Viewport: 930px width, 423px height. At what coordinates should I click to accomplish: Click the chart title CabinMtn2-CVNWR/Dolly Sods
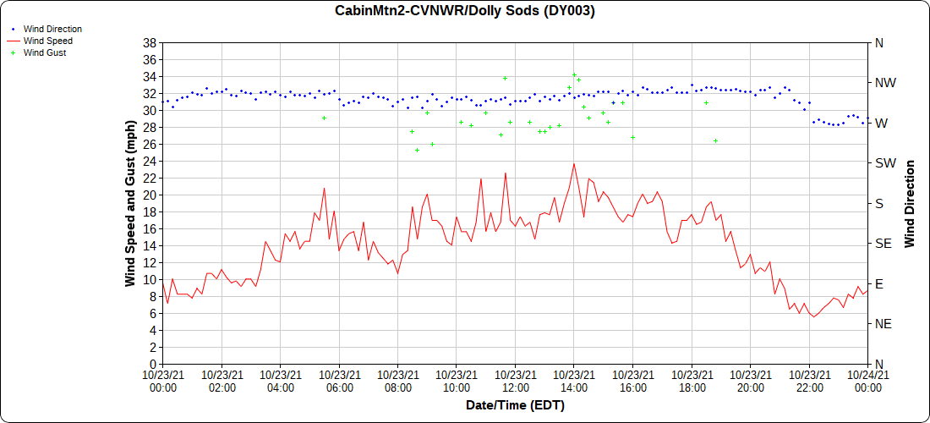pyautogui.click(x=464, y=10)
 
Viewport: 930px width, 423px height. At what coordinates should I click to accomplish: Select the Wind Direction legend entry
pyautogui.click(x=52, y=29)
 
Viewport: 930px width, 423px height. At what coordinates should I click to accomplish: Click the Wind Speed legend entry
pyautogui.click(x=48, y=41)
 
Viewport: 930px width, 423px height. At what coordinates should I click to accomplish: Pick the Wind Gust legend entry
pyautogui.click(x=45, y=52)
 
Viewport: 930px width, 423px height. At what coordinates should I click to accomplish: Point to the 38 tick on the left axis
pyautogui.click(x=149, y=42)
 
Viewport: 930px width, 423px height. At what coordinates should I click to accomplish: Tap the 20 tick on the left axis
pyautogui.click(x=149, y=195)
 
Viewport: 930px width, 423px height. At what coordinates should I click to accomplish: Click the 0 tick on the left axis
pyautogui.click(x=152, y=364)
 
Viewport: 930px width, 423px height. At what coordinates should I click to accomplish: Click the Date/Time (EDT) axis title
pyautogui.click(x=515, y=405)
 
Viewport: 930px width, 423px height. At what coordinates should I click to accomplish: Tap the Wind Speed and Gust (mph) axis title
pyautogui.click(x=130, y=203)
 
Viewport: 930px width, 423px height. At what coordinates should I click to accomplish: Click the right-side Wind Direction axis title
pyautogui.click(x=911, y=203)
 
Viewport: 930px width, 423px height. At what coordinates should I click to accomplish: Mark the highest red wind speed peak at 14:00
pyautogui.click(x=574, y=164)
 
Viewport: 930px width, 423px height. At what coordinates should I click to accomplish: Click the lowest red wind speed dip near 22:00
pyautogui.click(x=814, y=316)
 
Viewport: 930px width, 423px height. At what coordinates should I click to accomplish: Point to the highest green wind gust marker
pyautogui.click(x=574, y=75)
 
